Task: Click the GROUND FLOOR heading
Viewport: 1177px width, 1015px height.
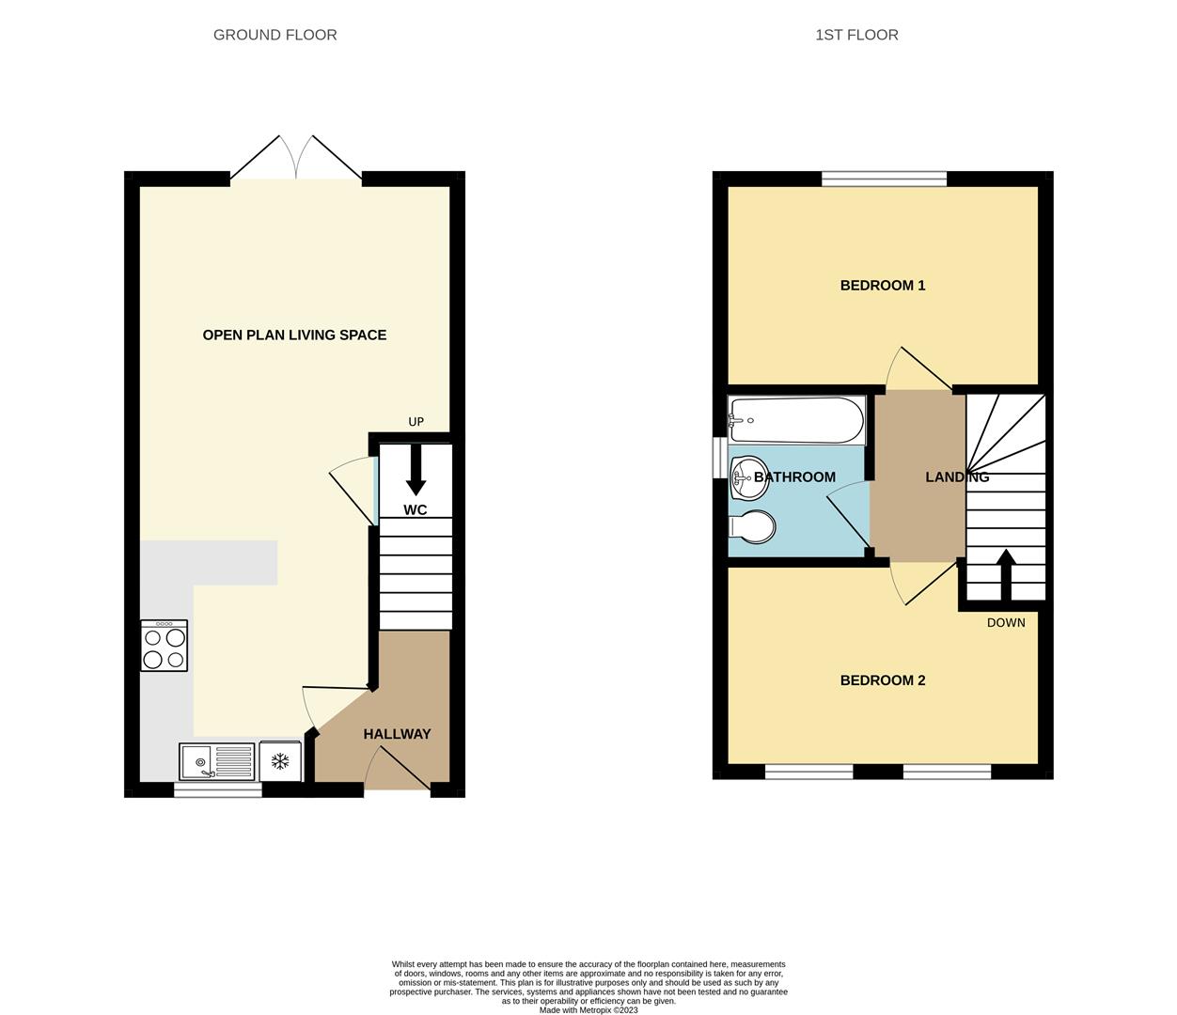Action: pyautogui.click(x=275, y=35)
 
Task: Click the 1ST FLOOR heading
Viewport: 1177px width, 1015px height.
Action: pyautogui.click(x=855, y=35)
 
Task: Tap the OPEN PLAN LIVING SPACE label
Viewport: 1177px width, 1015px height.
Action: pyautogui.click(x=294, y=335)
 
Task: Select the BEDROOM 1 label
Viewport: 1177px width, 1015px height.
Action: pyautogui.click(x=882, y=285)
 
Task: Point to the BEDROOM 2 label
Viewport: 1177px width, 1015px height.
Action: pyautogui.click(x=882, y=679)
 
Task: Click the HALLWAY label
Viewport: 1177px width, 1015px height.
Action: pyautogui.click(x=397, y=734)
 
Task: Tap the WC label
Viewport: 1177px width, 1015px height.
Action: pyautogui.click(x=415, y=510)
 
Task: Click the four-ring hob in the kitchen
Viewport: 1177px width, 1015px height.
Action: pyautogui.click(x=165, y=647)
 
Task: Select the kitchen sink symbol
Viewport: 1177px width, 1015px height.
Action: pyautogui.click(x=217, y=761)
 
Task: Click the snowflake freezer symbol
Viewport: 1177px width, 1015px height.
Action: pyautogui.click(x=280, y=761)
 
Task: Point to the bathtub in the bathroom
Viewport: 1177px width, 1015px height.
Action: pyautogui.click(x=796, y=420)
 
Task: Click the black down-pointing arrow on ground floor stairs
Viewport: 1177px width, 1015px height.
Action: pyautogui.click(x=415, y=469)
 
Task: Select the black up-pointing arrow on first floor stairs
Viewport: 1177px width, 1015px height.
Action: pyautogui.click(x=1005, y=574)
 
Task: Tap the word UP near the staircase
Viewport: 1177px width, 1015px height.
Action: pyautogui.click(x=416, y=422)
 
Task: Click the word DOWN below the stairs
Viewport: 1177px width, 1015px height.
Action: pyautogui.click(x=1006, y=623)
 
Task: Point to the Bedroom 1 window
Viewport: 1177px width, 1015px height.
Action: pyautogui.click(x=884, y=179)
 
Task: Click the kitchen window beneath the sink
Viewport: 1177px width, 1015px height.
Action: pyautogui.click(x=218, y=790)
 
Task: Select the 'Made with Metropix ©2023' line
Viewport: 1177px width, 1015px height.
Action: pyautogui.click(x=588, y=1010)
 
